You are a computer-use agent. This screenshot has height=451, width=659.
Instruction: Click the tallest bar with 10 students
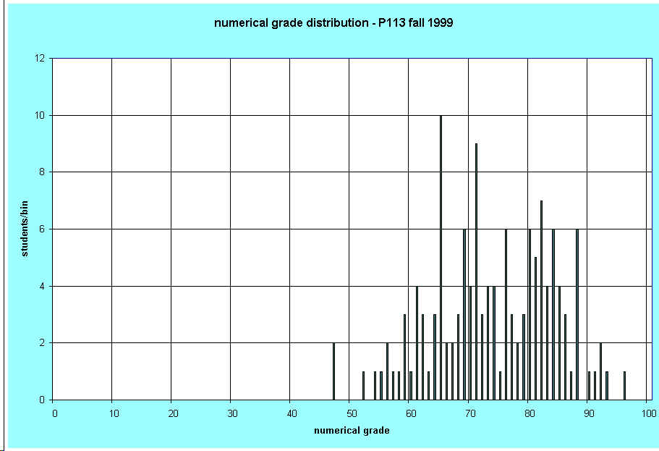coord(441,257)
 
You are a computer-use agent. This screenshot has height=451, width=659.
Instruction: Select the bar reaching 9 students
coord(476,271)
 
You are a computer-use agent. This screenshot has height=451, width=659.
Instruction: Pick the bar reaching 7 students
coord(541,300)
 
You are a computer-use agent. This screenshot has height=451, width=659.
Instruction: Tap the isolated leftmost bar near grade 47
coord(333,371)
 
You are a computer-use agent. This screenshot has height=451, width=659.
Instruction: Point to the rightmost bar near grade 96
coord(624,385)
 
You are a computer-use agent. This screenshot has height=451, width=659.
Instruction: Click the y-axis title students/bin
coord(24,229)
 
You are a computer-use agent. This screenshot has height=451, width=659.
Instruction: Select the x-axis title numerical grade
coord(352,431)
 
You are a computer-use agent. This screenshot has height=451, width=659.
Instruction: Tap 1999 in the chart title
coord(440,23)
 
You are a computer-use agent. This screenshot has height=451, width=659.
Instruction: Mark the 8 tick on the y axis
coord(43,172)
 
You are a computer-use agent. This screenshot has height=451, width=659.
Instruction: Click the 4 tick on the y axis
coord(43,286)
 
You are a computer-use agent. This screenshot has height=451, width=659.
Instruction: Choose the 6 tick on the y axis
coord(43,229)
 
